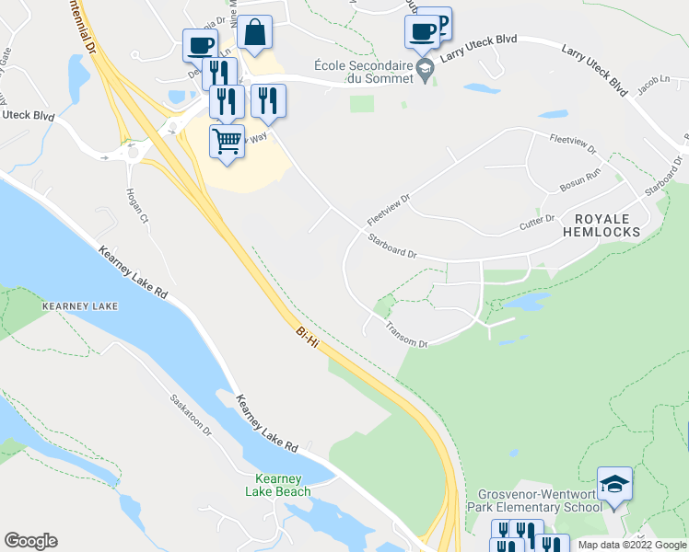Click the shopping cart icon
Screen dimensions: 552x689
tap(227, 143)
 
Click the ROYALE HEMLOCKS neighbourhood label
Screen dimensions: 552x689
tap(607, 225)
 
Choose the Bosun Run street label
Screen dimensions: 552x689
tap(580, 180)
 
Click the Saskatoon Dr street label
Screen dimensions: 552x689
tap(191, 415)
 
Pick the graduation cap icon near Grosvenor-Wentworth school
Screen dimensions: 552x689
tap(614, 484)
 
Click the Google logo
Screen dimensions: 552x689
tap(30, 541)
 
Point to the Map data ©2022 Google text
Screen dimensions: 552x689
tap(631, 545)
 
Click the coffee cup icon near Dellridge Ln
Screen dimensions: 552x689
tap(200, 45)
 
